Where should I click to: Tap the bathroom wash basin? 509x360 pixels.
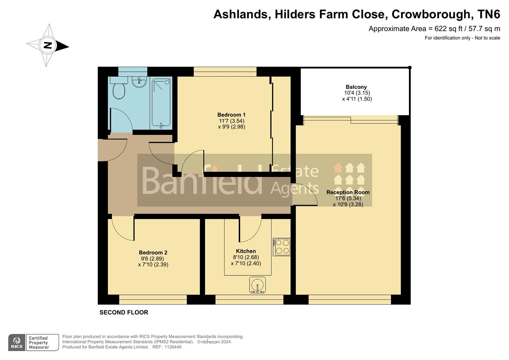click(x=139, y=82)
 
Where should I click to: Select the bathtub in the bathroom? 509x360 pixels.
click(x=161, y=103)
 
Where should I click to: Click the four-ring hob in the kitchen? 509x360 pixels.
click(x=282, y=247)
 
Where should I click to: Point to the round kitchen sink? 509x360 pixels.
click(x=257, y=285)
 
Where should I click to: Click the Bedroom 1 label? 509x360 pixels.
click(x=231, y=115)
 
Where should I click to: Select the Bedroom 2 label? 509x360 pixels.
click(x=153, y=253)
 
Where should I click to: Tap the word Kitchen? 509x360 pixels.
click(x=246, y=251)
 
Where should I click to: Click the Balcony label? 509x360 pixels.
click(x=356, y=87)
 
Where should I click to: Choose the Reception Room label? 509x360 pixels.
click(x=348, y=192)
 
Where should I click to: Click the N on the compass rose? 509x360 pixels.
click(x=48, y=45)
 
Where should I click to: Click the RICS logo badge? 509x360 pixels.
click(x=17, y=342)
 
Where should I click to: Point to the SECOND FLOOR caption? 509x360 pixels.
click(x=124, y=313)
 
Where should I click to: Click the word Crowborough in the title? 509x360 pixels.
click(x=431, y=14)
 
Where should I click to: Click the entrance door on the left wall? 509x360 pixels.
click(x=113, y=150)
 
